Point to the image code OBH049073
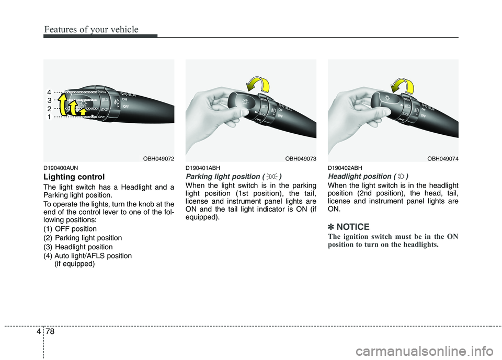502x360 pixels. (299, 158)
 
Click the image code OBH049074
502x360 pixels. (441, 158)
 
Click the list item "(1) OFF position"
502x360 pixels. (70, 229)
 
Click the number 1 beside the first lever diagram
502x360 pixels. (49, 118)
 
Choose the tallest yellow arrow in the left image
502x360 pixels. (63, 103)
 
